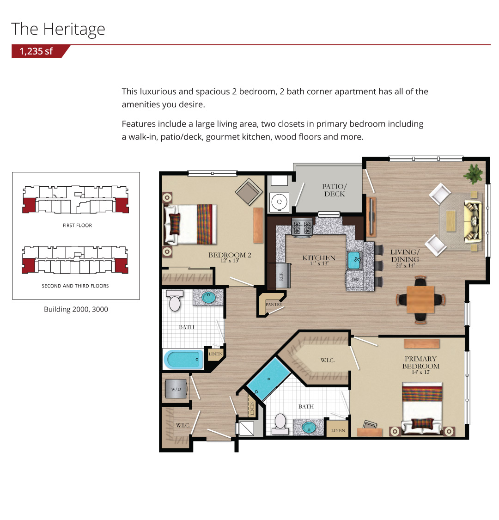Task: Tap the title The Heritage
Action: click(58, 29)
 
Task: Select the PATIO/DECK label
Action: click(334, 190)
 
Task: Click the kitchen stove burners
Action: click(302, 227)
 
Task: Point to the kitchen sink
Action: click(354, 260)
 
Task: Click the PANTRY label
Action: click(274, 304)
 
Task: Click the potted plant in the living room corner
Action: click(474, 173)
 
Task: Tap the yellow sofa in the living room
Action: click(473, 220)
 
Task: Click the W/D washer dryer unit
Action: click(176, 389)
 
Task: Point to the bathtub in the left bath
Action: click(183, 359)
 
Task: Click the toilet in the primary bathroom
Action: click(280, 423)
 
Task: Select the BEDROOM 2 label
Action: click(230, 257)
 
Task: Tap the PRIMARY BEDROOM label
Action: click(421, 365)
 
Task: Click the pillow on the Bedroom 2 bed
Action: click(175, 224)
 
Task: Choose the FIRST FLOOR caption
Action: click(77, 225)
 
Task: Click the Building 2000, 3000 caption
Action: click(76, 309)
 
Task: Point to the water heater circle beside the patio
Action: click(279, 202)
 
